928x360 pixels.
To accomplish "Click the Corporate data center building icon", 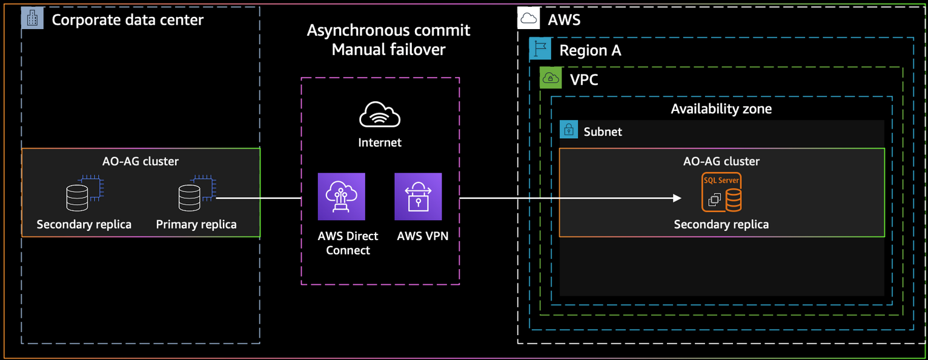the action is click(32, 18).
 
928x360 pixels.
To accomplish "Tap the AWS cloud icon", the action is click(529, 18).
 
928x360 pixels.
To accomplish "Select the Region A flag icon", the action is click(540, 48).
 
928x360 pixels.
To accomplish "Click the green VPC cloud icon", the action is click(551, 78).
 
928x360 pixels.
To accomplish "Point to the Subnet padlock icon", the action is click(569, 130).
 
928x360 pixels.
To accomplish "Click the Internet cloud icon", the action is click(380, 114).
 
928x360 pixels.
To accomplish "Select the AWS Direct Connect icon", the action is click(342, 196).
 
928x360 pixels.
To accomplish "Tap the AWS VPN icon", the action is click(418, 196).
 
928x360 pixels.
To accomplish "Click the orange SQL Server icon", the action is click(721, 192).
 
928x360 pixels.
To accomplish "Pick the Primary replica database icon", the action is click(197, 193).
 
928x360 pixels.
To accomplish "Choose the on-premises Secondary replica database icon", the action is click(85, 193).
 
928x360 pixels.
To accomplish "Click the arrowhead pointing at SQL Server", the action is click(677, 198).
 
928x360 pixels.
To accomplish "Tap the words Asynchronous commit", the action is click(389, 30).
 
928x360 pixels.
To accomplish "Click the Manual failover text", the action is click(389, 50).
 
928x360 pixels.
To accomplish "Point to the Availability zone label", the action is click(721, 108).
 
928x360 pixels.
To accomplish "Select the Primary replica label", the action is click(196, 224).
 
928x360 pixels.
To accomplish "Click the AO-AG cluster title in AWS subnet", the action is click(721, 161).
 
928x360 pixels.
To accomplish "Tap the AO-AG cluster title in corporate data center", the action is click(141, 161).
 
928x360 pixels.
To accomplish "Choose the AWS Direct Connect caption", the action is click(348, 243).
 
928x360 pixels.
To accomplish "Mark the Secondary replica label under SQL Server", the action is click(721, 224).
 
